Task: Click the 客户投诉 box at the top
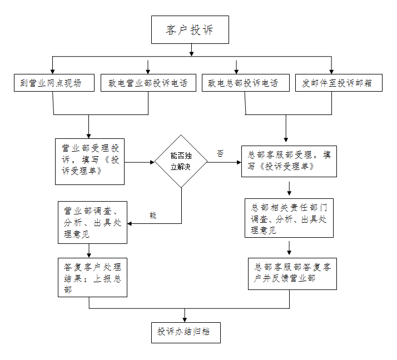coord(190,30)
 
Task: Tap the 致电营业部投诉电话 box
coord(148,83)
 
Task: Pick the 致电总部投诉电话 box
coord(245,83)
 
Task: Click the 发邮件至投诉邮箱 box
coord(338,83)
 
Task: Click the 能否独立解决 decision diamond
coord(181,162)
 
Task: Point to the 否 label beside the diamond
coord(220,154)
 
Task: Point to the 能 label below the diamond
coord(153,215)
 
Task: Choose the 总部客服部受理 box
coord(289,161)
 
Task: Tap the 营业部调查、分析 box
coord(92,222)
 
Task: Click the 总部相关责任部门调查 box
coord(289,218)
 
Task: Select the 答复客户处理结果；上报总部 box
coord(92,277)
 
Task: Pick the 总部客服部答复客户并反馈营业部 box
coord(292,272)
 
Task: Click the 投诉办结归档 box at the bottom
coord(186,332)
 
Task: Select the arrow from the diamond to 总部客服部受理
coord(224,162)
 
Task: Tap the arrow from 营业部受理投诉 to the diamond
coord(139,162)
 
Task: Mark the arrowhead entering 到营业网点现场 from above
coord(53,71)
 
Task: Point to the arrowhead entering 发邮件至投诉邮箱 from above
coord(332,71)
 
